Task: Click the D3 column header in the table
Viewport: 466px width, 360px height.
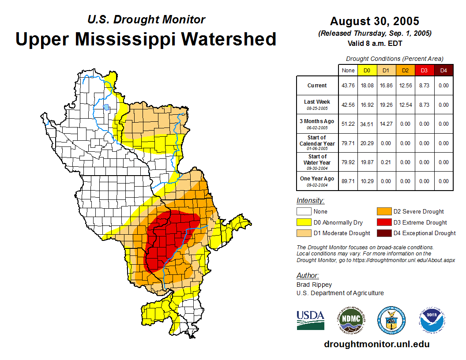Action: (424, 70)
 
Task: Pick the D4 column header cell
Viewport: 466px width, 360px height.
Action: (443, 70)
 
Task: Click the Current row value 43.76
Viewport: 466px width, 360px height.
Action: (348, 86)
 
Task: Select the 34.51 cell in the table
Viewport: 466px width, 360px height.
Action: (367, 124)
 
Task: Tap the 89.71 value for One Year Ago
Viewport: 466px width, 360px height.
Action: (348, 181)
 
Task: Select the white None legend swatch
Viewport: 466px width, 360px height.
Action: (303, 212)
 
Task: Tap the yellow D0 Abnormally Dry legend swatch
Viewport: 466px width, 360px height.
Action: (303, 222)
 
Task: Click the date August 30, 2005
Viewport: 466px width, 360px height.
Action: (375, 21)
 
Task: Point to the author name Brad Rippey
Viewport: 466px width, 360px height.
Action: (314, 285)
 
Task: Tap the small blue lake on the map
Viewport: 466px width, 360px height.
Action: (106, 107)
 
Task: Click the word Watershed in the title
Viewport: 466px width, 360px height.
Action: (229, 39)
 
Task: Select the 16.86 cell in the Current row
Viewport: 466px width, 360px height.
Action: (386, 86)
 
